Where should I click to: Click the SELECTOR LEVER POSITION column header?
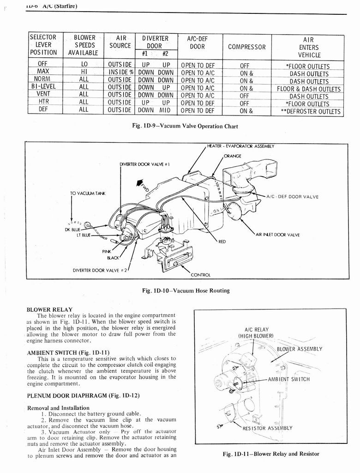(x=43, y=45)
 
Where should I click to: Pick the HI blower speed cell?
(x=84, y=73)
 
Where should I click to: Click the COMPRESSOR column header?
(x=247, y=47)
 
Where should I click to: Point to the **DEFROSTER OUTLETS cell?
(x=311, y=111)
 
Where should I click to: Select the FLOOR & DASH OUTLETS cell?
(x=309, y=89)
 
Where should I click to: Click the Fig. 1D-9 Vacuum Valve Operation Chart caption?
(x=185, y=126)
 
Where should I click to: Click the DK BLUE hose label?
(x=72, y=230)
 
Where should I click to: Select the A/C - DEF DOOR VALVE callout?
(x=293, y=197)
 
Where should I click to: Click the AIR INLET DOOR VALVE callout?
(x=277, y=235)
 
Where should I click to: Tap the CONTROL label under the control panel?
(x=201, y=275)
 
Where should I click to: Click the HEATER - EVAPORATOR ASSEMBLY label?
(x=240, y=146)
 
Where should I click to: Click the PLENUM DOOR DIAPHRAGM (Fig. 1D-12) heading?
(x=83, y=395)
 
